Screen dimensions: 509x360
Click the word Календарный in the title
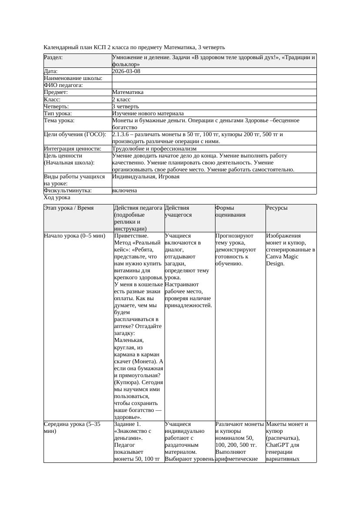pos(59,47)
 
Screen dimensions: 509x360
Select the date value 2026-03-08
pos(126,71)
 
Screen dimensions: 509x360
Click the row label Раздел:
pos(53,57)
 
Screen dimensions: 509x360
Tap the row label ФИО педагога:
pos(64,85)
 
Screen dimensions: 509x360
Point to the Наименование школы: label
pos(73,78)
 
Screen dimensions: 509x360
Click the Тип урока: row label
pos(58,113)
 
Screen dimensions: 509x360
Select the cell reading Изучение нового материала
pos(148,113)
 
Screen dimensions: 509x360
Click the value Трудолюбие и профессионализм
pos(154,148)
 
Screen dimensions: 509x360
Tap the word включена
pos(124,191)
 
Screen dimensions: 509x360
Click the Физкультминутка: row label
pos(67,191)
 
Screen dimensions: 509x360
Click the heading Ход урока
pos(57,198)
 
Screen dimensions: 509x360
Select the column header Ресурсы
pos(277,208)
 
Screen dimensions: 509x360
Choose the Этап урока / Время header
pos(72,208)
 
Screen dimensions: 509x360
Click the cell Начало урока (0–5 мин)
pos(74,236)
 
